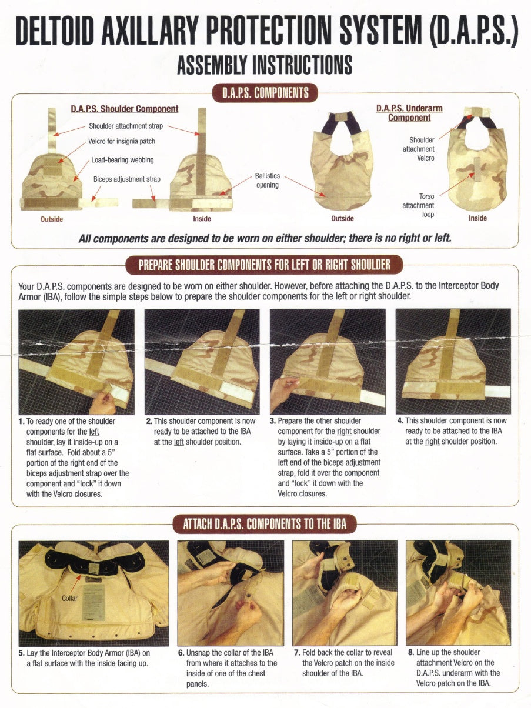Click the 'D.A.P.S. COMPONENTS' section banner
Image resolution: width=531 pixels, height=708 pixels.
click(265, 93)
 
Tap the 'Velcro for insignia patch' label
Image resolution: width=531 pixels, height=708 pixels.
click(122, 141)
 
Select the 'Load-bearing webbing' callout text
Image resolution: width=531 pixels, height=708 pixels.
click(122, 159)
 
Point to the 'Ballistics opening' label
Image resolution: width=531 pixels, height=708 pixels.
click(268, 181)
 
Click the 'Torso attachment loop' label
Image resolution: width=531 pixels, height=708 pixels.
click(418, 205)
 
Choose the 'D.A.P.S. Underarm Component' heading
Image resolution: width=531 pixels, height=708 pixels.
click(409, 113)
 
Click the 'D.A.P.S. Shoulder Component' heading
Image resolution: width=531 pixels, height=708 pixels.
click(124, 109)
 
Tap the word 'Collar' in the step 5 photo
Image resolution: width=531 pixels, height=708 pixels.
click(69, 598)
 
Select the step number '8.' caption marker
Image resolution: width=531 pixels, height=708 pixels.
click(411, 652)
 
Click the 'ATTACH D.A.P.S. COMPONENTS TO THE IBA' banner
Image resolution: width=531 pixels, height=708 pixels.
click(265, 523)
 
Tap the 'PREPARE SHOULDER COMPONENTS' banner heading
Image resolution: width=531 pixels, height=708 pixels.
click(264, 265)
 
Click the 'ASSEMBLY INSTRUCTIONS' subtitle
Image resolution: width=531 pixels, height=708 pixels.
click(265, 65)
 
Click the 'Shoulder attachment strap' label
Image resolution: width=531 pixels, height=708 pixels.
click(126, 126)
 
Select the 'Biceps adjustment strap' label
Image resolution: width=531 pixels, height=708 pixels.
click(126, 179)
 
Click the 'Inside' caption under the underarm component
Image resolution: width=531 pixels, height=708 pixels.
click(477, 218)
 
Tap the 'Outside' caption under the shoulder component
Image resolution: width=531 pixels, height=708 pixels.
click(52, 219)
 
